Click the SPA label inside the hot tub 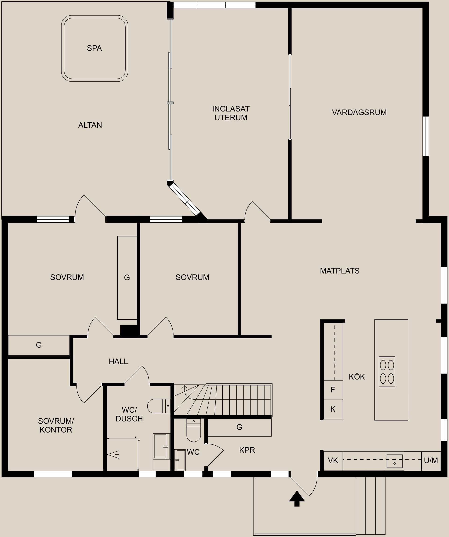click(x=94, y=48)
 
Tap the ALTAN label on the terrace click(x=90, y=125)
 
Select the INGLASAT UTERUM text click(x=231, y=113)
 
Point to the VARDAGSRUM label click(x=359, y=112)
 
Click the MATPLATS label click(x=340, y=271)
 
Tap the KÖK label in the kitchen click(x=357, y=377)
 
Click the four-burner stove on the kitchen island click(x=387, y=372)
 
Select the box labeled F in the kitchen click(x=333, y=390)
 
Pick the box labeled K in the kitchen click(x=333, y=409)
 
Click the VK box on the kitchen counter click(x=333, y=461)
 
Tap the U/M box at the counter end click(x=431, y=461)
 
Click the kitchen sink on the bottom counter click(x=394, y=461)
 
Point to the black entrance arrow click(x=297, y=498)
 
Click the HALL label click(x=118, y=361)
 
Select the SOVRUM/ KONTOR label click(x=56, y=425)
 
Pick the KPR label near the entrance click(x=247, y=450)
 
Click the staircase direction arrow click(x=185, y=387)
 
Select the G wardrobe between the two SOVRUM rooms click(x=127, y=277)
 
